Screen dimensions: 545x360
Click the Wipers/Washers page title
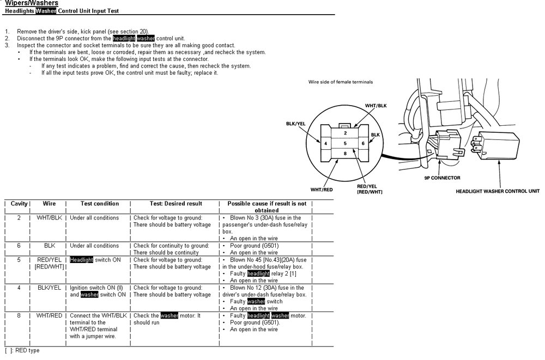[x=32, y=3]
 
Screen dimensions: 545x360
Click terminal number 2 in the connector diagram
[x=345, y=133]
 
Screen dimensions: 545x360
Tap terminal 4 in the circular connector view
[x=326, y=143]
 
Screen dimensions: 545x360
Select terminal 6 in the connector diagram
[x=363, y=143]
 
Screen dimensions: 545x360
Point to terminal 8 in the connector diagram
[x=345, y=153]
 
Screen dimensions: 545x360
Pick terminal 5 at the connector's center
[x=345, y=143]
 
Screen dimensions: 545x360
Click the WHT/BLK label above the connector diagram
[x=376, y=106]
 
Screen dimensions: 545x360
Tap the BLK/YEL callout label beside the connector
[x=296, y=124]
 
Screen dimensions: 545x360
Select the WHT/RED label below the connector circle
[x=322, y=190]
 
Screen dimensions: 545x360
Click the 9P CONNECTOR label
[x=442, y=178]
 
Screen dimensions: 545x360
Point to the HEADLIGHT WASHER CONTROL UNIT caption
[x=498, y=191]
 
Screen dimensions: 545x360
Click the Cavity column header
[x=19, y=204]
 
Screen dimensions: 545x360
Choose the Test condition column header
[x=100, y=204]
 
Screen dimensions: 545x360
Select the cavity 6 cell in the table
[x=19, y=246]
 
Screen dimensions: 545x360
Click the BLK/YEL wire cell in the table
[x=50, y=288]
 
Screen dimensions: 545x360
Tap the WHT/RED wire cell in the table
[x=50, y=315]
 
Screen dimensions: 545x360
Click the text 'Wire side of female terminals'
[x=341, y=82]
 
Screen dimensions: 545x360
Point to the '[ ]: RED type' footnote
[x=22, y=351]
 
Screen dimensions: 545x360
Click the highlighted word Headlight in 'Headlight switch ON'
[x=81, y=260]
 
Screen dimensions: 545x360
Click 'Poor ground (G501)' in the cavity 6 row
[x=255, y=246]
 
